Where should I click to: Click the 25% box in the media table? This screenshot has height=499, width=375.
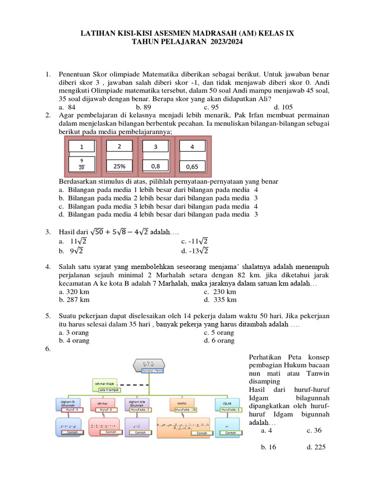120,166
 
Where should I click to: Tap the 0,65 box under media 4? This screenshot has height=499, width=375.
192,167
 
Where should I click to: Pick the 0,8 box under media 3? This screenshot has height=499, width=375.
156,166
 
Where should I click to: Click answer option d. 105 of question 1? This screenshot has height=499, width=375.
283,107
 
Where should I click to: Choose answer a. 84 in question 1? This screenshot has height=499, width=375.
67,107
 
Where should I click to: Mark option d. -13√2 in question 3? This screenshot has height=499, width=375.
195,251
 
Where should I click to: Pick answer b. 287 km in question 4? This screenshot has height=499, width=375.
74,300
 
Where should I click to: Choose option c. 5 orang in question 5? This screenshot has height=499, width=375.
219,333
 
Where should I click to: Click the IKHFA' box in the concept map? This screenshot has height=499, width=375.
183,403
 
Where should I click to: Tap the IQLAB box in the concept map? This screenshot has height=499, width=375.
228,403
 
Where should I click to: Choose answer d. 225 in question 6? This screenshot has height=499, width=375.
316,447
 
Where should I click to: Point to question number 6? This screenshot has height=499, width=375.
48,349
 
